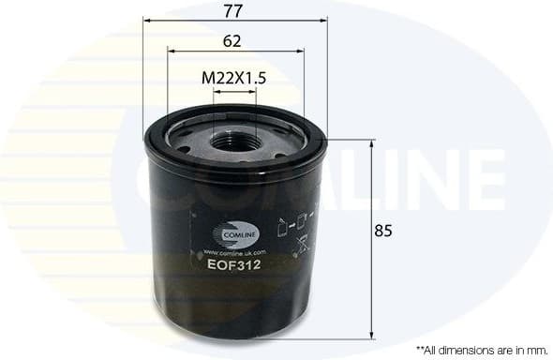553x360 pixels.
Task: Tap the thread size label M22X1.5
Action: tap(234, 79)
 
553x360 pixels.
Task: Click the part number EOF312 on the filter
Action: tap(233, 265)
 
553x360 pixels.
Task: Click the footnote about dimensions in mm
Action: tap(482, 348)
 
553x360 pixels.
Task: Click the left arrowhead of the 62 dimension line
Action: tap(170, 52)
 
